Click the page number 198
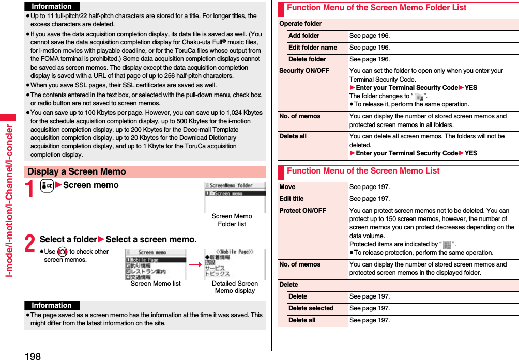tap(32, 355)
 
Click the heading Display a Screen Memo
tap(77, 171)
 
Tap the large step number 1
tap(30, 190)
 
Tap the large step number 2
tap(30, 244)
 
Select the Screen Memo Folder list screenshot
tap(235, 197)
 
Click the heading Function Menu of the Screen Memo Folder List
tap(376, 8)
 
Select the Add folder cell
tap(304, 36)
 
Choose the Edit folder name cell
tap(313, 48)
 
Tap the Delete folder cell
tap(307, 59)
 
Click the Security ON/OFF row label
tap(304, 71)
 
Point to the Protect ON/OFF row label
tap(302, 211)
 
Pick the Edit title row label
tap(292, 199)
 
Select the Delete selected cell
tap(311, 308)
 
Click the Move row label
tap(287, 187)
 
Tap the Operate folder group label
tap(300, 24)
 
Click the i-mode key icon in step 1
tap(47, 185)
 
